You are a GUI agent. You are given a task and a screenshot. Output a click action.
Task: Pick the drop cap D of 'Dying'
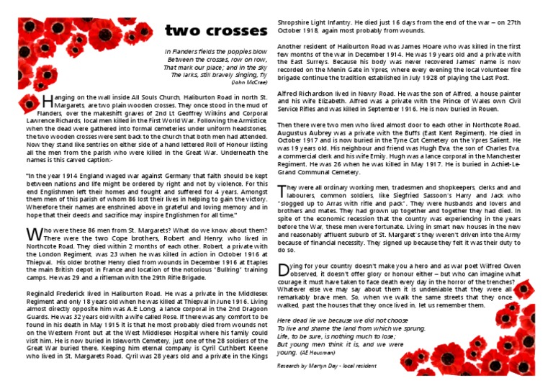coord(283,270)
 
